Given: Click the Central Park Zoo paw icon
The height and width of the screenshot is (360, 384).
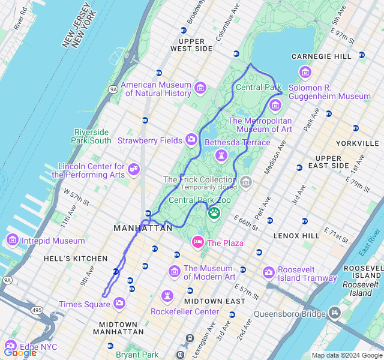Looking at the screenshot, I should point(214,212).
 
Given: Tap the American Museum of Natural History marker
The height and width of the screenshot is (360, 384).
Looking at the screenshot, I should point(200,89).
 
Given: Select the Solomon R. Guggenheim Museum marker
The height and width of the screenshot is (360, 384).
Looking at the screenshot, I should point(305,73).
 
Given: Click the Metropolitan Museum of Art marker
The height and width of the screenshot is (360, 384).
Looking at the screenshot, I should point(275,106).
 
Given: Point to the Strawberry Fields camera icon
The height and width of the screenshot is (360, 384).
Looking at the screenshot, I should point(191,140).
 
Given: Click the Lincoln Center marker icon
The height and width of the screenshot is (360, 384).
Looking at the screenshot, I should point(134,170).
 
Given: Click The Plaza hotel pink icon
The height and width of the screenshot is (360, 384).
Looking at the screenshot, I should point(197,242).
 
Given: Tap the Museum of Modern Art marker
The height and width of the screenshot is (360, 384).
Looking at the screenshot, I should point(175,272).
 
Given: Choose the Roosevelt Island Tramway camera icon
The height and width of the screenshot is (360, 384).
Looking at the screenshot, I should point(268,273).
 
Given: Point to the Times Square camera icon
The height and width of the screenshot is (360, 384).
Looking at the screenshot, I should point(119,304).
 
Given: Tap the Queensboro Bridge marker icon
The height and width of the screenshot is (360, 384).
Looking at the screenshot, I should point(334,313).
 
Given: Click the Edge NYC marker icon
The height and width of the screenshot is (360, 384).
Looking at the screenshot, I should point(10,346).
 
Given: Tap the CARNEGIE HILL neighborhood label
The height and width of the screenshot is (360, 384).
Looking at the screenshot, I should point(322,56).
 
